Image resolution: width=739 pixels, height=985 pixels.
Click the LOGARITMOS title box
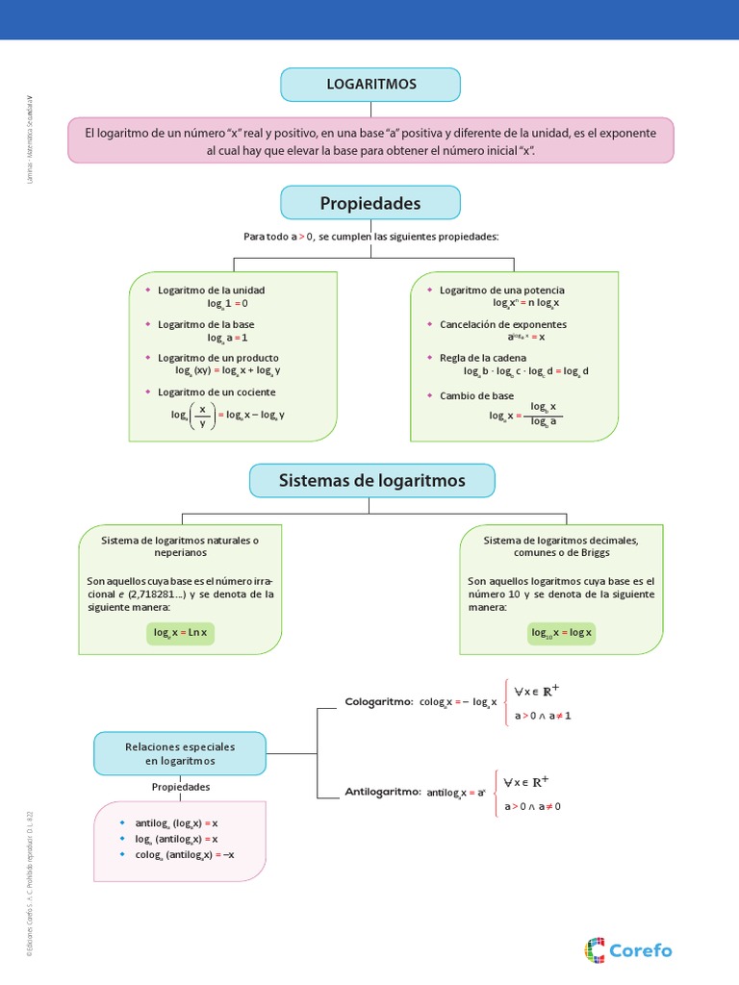click(x=370, y=85)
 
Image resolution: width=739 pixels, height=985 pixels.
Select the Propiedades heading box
click(x=370, y=203)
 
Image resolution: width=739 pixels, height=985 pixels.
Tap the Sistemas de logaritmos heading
click(x=371, y=480)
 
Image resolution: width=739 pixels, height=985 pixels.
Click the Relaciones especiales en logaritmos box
click(x=180, y=753)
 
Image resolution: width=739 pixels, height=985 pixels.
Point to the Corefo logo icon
click(x=595, y=950)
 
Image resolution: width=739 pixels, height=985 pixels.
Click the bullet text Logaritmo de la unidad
click(x=211, y=290)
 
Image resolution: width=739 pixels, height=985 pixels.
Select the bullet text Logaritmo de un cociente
click(x=217, y=391)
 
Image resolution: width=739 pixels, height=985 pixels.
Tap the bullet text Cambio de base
click(x=476, y=395)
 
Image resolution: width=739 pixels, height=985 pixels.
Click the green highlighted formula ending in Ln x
click(x=181, y=632)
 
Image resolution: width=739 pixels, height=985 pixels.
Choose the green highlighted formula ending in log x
click(x=562, y=632)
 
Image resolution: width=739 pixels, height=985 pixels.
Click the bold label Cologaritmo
click(x=379, y=702)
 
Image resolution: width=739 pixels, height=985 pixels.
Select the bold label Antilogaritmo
click(x=383, y=792)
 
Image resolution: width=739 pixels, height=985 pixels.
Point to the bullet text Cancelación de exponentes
click(x=503, y=324)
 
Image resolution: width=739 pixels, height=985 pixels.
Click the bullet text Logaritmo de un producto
click(x=218, y=357)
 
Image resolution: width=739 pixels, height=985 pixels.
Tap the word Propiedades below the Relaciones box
click(x=181, y=787)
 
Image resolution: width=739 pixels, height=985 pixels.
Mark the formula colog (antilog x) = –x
click(x=185, y=854)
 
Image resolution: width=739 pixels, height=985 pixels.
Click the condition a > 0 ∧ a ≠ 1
click(x=543, y=716)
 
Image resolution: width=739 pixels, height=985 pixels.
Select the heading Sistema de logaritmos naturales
click(x=180, y=540)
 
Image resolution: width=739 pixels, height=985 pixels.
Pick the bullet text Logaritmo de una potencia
click(x=502, y=290)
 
